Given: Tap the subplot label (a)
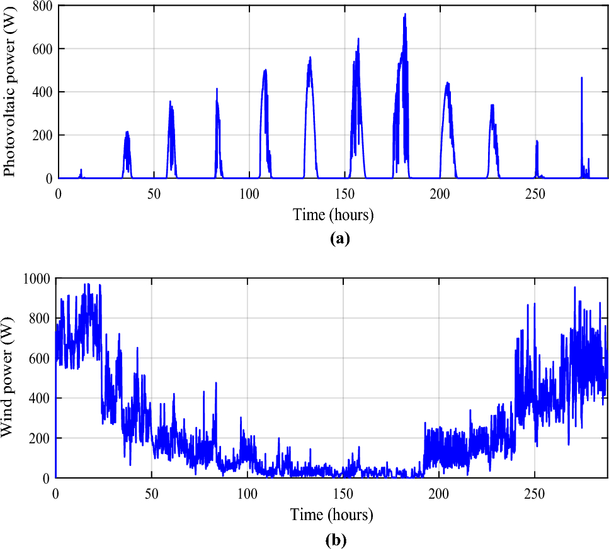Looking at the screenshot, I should click(x=339, y=239).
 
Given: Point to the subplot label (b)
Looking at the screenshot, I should click(x=336, y=539).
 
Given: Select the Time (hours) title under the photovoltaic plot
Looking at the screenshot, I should click(x=333, y=215).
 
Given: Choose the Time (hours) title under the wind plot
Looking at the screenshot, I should click(x=331, y=515).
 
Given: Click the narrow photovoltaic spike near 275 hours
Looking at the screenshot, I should click(x=582, y=79).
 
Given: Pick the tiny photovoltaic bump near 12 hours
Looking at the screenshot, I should click(x=81, y=170).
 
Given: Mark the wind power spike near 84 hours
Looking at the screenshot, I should click(x=216, y=384).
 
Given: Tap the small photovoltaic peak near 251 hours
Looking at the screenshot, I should click(x=537, y=141).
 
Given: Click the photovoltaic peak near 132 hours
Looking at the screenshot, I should click(x=310, y=58).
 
